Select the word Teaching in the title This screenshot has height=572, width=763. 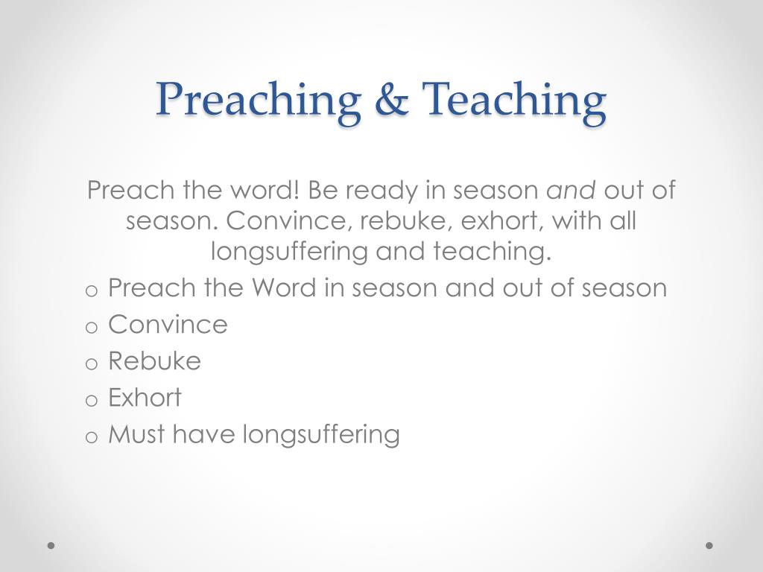click(x=513, y=99)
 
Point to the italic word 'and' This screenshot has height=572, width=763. click(x=571, y=190)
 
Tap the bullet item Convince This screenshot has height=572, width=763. click(x=168, y=324)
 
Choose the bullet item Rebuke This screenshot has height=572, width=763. click(x=154, y=360)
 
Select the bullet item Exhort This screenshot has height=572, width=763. click(x=145, y=397)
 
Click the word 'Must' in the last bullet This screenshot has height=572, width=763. click(x=137, y=433)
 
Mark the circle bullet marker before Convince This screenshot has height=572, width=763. click(x=92, y=326)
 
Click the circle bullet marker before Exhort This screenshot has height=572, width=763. click(x=92, y=399)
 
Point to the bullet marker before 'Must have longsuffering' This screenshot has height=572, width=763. click(x=92, y=436)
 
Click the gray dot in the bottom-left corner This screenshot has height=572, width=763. click(x=51, y=545)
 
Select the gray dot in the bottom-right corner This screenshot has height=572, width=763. click(x=709, y=545)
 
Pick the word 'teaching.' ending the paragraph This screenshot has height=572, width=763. click(x=492, y=251)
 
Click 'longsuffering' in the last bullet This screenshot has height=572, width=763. click(x=321, y=433)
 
